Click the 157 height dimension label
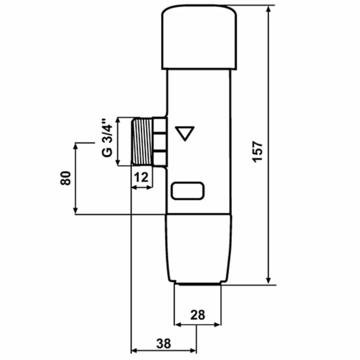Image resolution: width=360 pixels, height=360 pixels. [x=258, y=152]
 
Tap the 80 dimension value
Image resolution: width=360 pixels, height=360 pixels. [x=66, y=178]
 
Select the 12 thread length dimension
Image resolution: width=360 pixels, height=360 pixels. [x=141, y=177]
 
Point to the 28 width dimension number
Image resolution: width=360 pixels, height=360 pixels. [x=197, y=315]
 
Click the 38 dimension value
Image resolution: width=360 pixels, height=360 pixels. [x=164, y=344]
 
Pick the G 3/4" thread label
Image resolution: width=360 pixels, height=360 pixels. [x=107, y=138]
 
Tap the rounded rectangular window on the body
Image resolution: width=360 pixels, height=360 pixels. [x=187, y=191]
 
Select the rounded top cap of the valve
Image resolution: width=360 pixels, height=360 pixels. [x=199, y=37]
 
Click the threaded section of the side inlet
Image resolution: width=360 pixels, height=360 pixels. [x=142, y=141]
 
